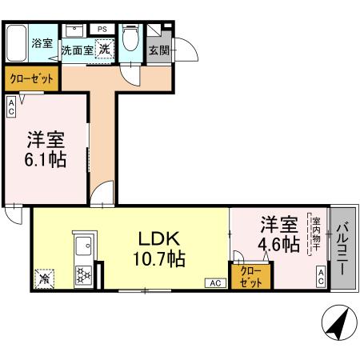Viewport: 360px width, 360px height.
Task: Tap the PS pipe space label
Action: tap(102, 29)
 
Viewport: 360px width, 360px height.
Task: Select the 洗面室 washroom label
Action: tap(78, 50)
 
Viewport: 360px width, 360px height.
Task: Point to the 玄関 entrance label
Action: tap(158, 50)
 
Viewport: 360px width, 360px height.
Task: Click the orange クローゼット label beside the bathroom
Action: tap(31, 78)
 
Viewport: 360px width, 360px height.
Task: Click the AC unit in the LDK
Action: tap(215, 282)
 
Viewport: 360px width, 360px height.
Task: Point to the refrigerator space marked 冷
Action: tap(44, 279)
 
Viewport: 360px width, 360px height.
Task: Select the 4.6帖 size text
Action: tap(279, 242)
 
